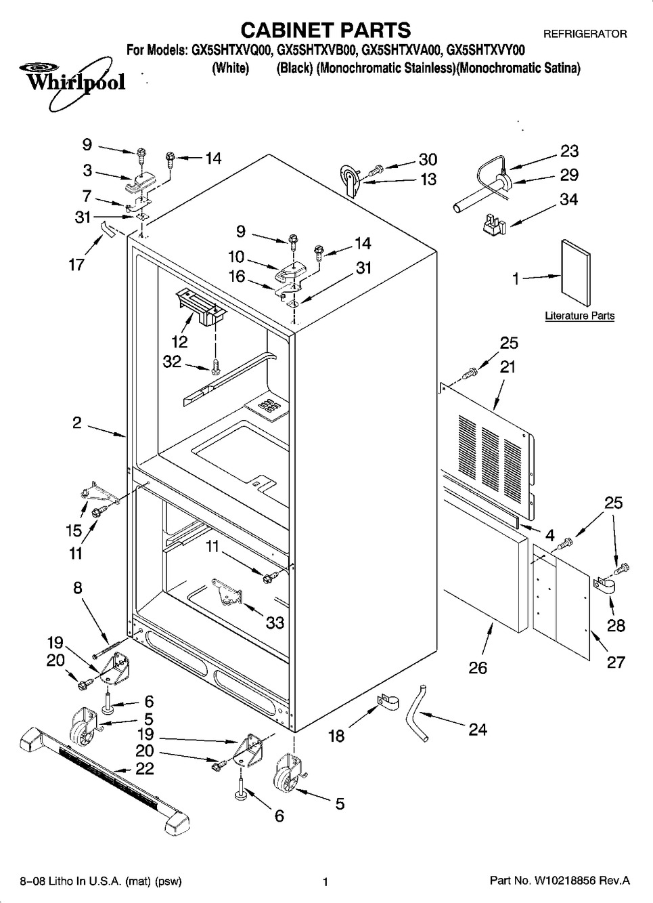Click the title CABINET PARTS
325,30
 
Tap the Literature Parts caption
580,316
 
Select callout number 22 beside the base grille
145,768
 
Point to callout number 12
179,342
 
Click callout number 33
275,623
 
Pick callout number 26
478,667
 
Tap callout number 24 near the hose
478,730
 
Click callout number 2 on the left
77,423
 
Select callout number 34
568,199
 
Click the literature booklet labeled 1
576,273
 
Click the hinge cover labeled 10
291,270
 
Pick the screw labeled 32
215,365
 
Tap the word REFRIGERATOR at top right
585,34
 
